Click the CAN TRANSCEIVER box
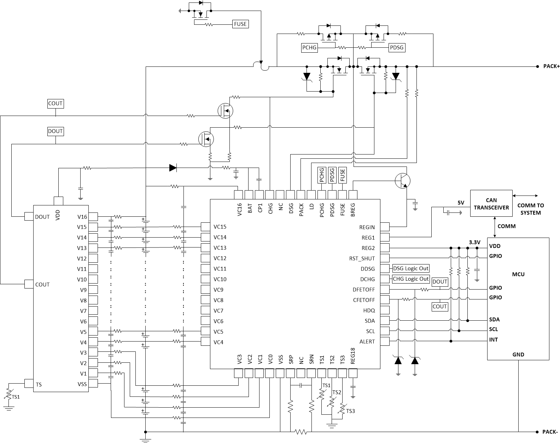[x=491, y=204]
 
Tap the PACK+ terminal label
[x=552, y=66]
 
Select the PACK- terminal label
[x=550, y=432]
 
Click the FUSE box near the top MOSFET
[x=240, y=24]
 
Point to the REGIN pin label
[x=367, y=227]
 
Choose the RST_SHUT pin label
[x=362, y=258]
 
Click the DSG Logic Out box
[x=411, y=268]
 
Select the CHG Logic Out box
[x=411, y=279]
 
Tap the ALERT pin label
[x=367, y=342]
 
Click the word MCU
[x=518, y=274]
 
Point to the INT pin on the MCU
[x=494, y=340]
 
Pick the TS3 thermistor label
[x=350, y=411]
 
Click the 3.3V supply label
[x=474, y=243]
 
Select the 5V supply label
[x=461, y=203]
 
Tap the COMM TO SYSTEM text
[x=530, y=209]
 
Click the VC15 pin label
[x=220, y=227]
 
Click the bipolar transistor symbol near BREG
[x=403, y=181]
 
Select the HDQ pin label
[x=369, y=310]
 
